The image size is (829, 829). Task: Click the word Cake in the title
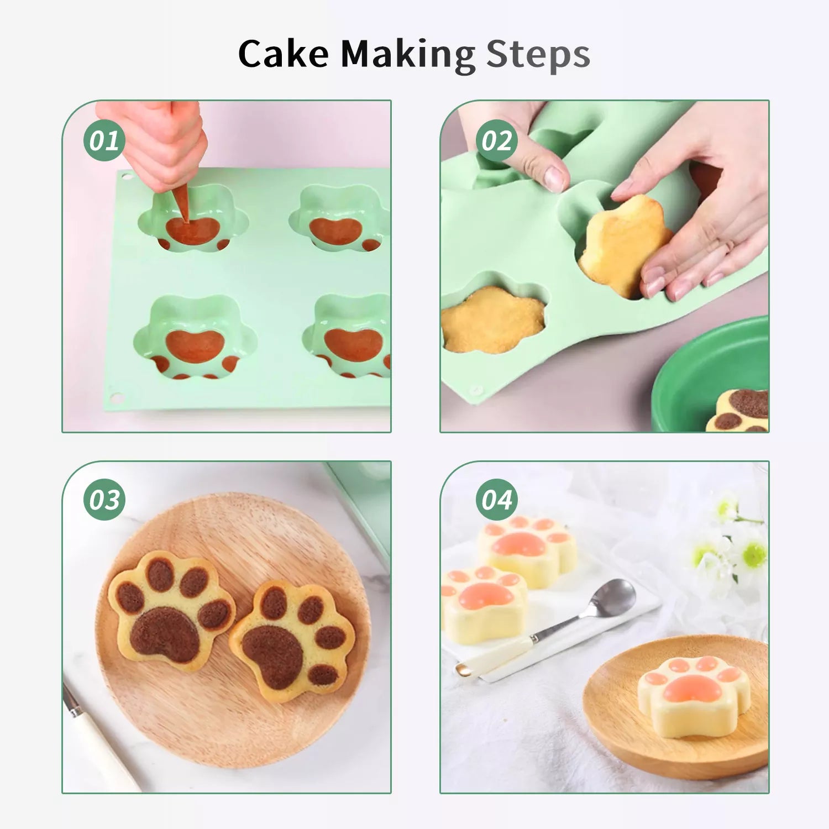click(284, 54)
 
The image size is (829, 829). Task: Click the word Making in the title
click(408, 55)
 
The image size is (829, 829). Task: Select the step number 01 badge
click(104, 140)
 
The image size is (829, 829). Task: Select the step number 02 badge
click(497, 140)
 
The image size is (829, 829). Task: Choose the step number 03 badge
click(104, 500)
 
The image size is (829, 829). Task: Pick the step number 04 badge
click(497, 500)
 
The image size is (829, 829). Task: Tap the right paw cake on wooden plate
click(292, 641)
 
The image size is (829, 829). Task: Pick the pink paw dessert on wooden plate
click(694, 695)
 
